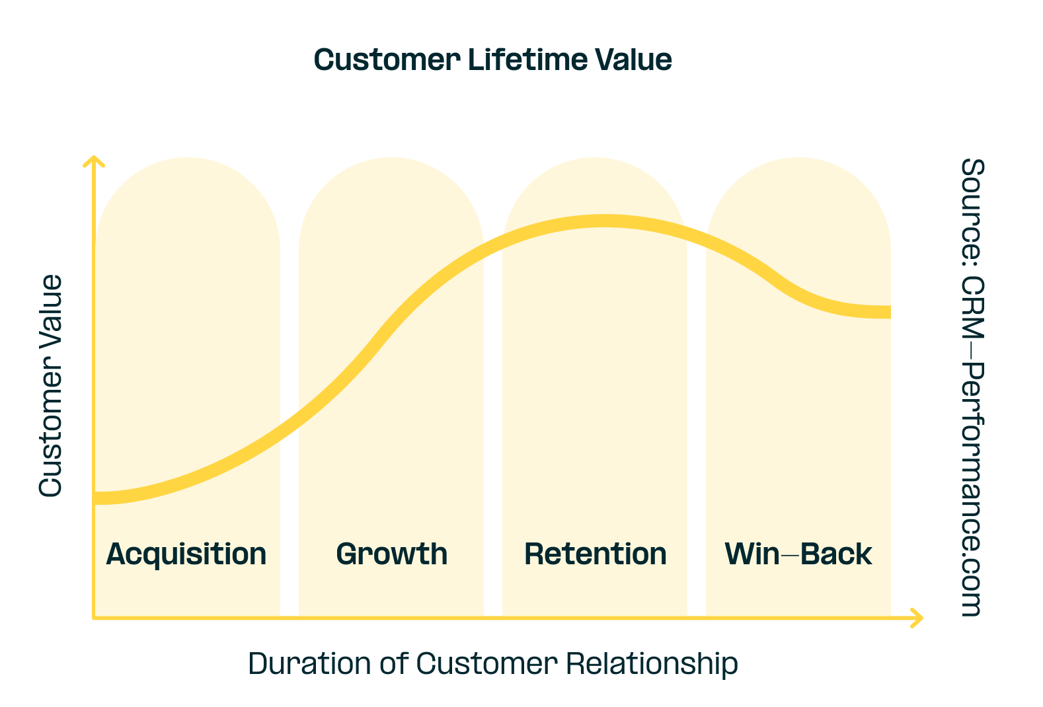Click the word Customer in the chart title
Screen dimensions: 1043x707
[387, 60]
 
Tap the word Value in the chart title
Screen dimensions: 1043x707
[634, 60]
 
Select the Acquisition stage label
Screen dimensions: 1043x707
[186, 554]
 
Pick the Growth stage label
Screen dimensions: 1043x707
[392, 554]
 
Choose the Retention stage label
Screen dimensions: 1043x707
[596, 554]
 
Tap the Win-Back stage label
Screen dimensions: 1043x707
[798, 554]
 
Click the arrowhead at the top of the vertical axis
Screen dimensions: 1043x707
[94, 161]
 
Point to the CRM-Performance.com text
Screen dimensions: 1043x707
[972, 446]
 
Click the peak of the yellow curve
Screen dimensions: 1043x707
[603, 221]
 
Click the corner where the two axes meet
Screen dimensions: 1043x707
[94, 618]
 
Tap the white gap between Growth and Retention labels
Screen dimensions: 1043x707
[493, 554]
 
